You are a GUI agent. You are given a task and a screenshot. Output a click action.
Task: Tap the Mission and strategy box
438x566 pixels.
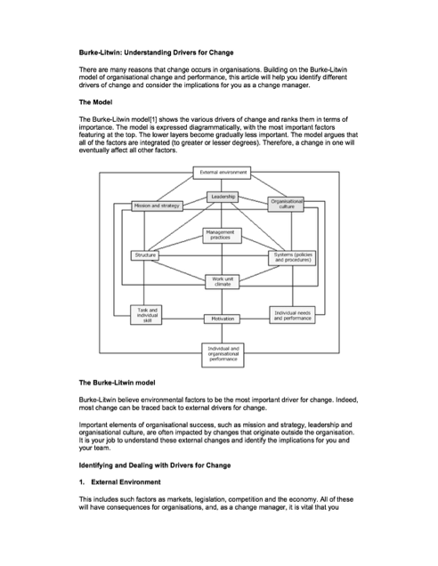[x=157, y=206]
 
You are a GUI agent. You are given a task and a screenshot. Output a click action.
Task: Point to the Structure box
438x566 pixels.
[x=144, y=255]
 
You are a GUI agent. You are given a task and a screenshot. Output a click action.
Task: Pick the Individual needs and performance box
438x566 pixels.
[x=292, y=315]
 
